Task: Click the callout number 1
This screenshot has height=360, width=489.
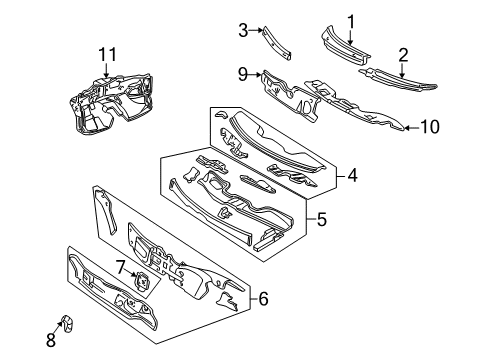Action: coord(351,19)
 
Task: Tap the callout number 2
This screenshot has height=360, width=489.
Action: coord(402,54)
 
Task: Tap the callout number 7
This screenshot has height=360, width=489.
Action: coord(120,268)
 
